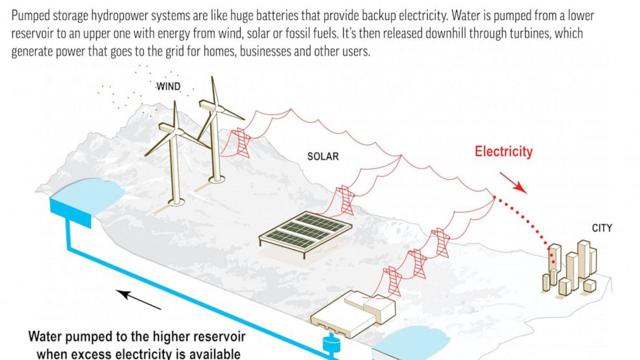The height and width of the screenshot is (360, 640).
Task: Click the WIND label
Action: pyautogui.click(x=168, y=86)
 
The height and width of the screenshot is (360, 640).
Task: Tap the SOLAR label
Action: pyautogui.click(x=323, y=156)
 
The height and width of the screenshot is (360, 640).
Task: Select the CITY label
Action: pyautogui.click(x=601, y=228)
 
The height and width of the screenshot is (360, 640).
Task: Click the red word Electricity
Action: pyautogui.click(x=504, y=152)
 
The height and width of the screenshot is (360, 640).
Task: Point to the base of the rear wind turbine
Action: pyautogui.click(x=216, y=178)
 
